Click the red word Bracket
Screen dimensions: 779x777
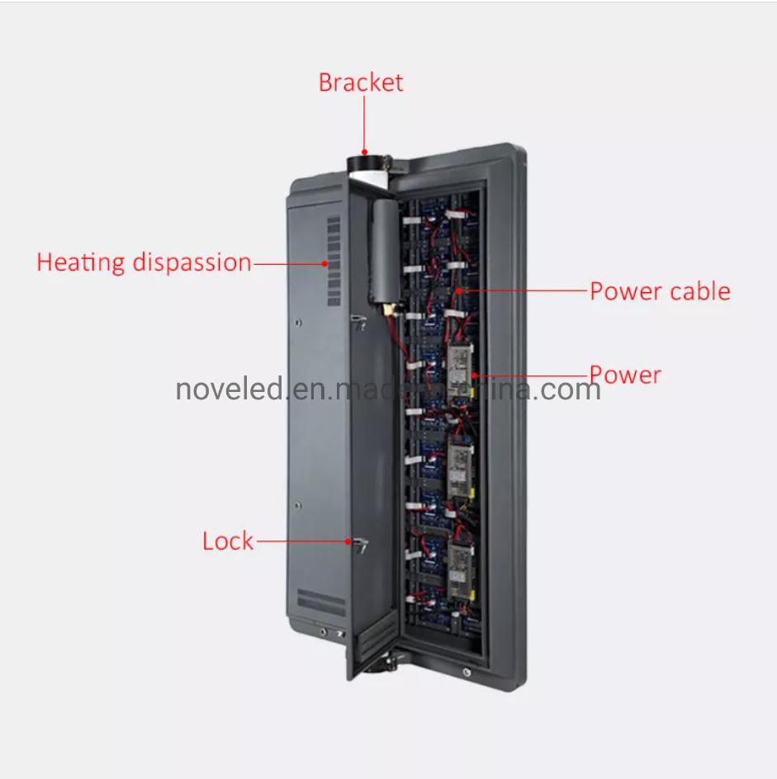(x=361, y=83)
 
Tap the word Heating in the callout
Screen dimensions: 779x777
(x=79, y=262)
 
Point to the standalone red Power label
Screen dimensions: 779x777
(x=625, y=375)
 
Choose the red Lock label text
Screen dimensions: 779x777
(x=228, y=541)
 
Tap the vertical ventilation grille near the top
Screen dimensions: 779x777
(x=334, y=261)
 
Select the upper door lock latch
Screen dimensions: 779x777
(x=358, y=319)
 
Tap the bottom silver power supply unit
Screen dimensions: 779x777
(x=459, y=569)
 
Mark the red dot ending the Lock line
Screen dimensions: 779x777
(x=348, y=541)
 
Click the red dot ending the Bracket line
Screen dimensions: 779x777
(x=363, y=152)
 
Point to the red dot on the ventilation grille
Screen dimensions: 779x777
(x=325, y=263)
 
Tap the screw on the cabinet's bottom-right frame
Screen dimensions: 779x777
(x=468, y=673)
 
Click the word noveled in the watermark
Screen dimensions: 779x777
(x=230, y=388)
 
